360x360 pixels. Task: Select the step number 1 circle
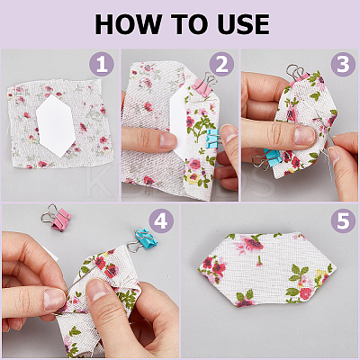102,64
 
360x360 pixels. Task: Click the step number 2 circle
221,64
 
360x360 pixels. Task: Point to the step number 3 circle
343,64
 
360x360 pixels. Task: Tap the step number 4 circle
161,221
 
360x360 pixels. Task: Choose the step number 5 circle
343,221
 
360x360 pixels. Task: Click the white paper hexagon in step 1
56,126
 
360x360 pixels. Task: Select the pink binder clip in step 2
204,85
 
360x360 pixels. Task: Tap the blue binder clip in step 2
213,138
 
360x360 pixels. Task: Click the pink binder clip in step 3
298,74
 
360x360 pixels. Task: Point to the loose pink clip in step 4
58,218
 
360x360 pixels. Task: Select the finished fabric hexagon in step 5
267,270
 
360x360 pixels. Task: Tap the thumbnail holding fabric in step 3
303,136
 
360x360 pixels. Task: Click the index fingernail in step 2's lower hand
168,140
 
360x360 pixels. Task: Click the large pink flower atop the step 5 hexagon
250,243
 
